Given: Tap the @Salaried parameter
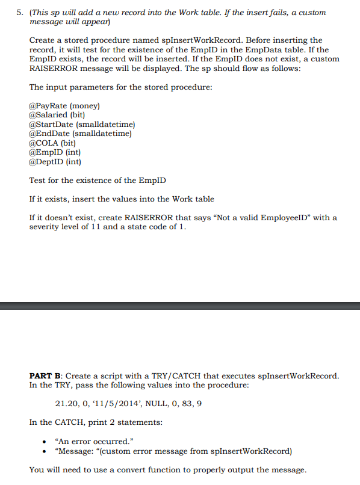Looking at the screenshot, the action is pos(57,115).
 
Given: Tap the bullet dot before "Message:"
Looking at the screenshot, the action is pos(43,451).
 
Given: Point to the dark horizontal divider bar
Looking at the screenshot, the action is pos(180,306).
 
